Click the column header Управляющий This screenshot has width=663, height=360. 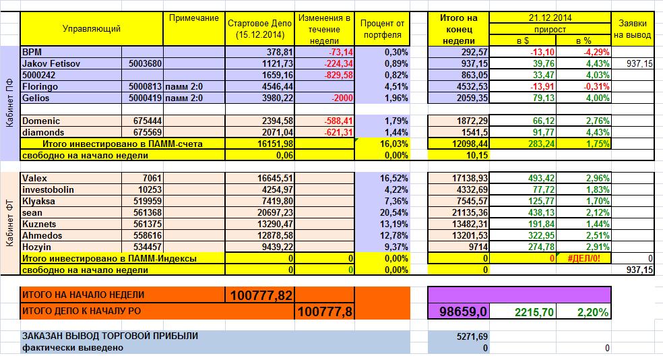click(91, 28)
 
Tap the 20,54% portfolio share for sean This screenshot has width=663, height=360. click(387, 212)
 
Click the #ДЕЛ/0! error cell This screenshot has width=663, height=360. click(583, 258)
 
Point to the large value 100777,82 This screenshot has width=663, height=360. click(261, 295)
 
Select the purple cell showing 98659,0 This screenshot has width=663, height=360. click(460, 311)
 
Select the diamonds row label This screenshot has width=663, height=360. click(44, 132)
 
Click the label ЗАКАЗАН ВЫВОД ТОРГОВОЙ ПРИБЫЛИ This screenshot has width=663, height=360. click(111, 336)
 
